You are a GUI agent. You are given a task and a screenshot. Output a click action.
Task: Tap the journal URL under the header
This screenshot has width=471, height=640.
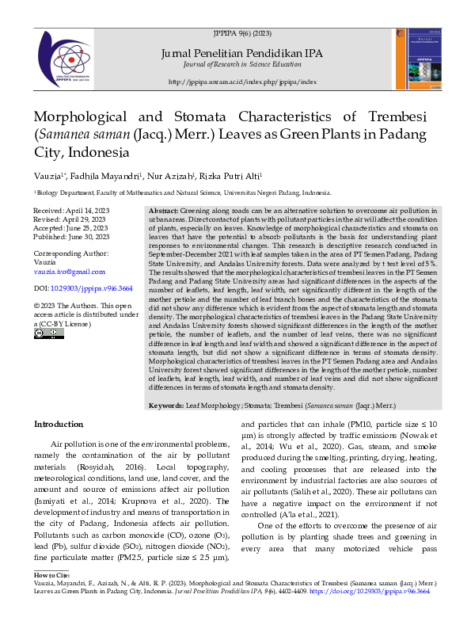(x=242, y=82)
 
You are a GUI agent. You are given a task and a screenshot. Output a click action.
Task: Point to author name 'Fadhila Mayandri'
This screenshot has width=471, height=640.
(x=108, y=175)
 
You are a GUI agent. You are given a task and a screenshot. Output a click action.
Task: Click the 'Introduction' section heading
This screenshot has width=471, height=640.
(x=58, y=425)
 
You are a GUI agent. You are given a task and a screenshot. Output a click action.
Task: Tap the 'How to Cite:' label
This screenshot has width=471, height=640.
(x=51, y=573)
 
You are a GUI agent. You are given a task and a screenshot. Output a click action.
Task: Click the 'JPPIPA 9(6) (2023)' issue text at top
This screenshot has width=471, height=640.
(x=241, y=34)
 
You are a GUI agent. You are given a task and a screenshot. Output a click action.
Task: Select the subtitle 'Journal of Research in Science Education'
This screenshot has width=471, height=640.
(x=242, y=63)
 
